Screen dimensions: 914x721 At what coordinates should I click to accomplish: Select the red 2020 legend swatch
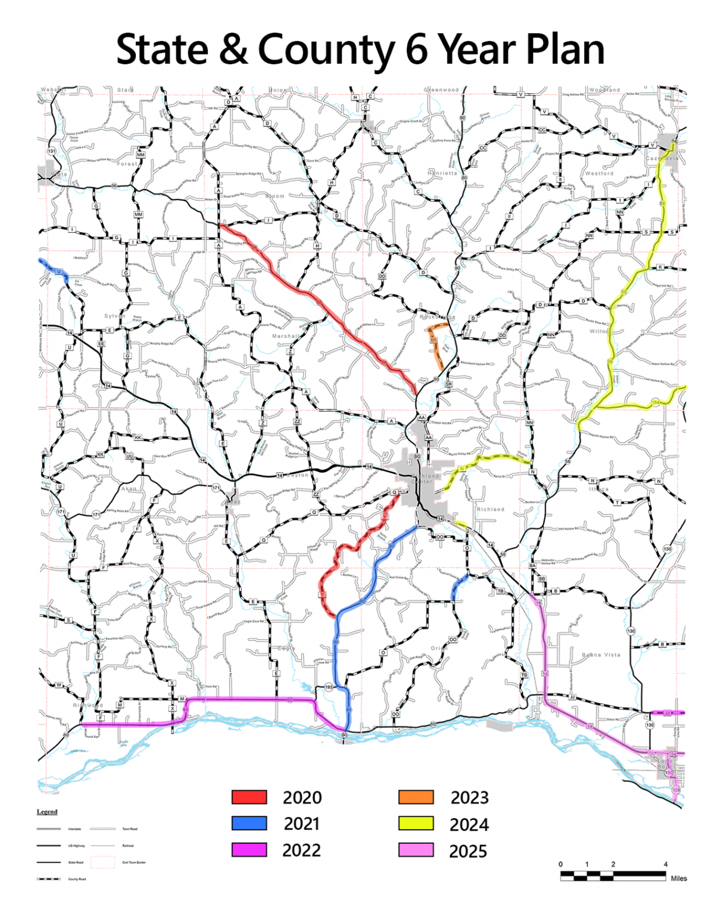pyautogui.click(x=249, y=797)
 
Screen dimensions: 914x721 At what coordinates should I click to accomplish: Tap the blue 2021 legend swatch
pyautogui.click(x=249, y=823)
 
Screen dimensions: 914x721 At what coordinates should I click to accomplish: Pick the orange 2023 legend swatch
pyautogui.click(x=416, y=797)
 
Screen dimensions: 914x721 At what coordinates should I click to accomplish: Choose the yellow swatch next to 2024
pyautogui.click(x=416, y=824)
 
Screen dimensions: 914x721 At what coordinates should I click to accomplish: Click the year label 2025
pyautogui.click(x=468, y=851)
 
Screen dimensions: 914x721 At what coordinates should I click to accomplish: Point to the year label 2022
pyautogui.click(x=301, y=850)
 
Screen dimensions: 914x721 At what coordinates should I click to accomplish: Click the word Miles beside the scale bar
pyautogui.click(x=678, y=878)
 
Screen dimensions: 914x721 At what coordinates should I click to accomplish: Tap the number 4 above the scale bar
pyautogui.click(x=665, y=864)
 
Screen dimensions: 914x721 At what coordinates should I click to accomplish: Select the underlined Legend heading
pyautogui.click(x=47, y=812)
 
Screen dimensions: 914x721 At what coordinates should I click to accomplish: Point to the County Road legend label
pyautogui.click(x=77, y=879)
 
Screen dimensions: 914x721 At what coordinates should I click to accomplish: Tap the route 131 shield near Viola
pyautogui.click(x=52, y=151)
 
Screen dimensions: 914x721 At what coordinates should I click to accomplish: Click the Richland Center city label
pyautogui.click(x=425, y=478)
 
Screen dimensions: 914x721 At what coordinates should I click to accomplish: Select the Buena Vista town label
pyautogui.click(x=601, y=655)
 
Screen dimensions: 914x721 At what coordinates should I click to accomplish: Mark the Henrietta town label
pyautogui.click(x=442, y=173)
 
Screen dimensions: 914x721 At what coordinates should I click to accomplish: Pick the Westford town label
pyautogui.click(x=598, y=174)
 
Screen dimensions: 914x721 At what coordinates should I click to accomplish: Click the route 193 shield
pyautogui.click(x=329, y=687)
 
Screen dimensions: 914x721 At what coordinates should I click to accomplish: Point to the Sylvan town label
pyautogui.click(x=115, y=316)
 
